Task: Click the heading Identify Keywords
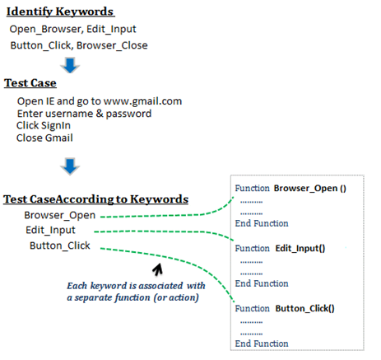60,12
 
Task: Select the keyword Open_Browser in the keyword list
45,29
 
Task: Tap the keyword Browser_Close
112,45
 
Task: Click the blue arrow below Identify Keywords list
70,65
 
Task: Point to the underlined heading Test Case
30,83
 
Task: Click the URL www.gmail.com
142,101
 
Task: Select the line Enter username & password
84,114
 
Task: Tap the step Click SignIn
44,125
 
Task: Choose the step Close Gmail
44,138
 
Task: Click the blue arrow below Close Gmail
70,166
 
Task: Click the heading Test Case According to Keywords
95,199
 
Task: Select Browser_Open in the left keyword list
60,215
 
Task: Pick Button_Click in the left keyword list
60,245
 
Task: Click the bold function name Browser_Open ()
310,189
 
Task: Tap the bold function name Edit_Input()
300,249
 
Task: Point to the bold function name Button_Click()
304,309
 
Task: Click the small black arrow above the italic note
158,269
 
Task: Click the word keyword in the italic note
109,286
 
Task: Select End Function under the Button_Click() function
262,344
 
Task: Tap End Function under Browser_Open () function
262,223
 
